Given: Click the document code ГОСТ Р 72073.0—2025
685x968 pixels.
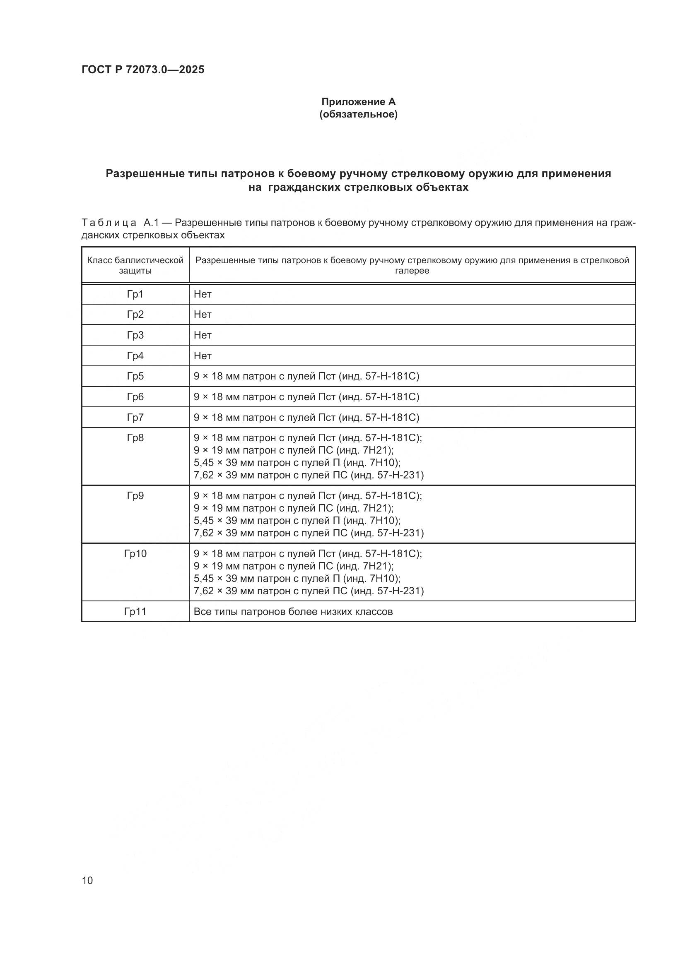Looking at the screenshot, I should [142, 70].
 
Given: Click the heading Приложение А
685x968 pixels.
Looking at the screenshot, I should [358, 102].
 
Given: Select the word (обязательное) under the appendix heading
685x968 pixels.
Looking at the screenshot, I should [358, 114].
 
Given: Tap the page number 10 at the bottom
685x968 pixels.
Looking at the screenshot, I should [87, 880].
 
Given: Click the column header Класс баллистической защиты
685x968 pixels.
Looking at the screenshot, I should [135, 265].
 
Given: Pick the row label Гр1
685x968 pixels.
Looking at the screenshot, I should [135, 294].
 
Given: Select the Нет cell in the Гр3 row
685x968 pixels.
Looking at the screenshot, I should [203, 335].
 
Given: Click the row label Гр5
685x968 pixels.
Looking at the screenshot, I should [135, 376].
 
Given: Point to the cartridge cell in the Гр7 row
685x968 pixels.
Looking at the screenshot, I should [306, 418].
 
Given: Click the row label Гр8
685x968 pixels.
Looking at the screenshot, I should [135, 438].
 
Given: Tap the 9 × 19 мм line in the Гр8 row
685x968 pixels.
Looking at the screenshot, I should [294, 450].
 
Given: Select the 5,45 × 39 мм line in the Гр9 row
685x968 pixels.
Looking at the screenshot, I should [297, 521].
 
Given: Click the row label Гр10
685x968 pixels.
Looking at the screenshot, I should [135, 554].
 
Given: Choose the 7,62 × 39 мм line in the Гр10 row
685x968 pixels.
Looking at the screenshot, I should [309, 591].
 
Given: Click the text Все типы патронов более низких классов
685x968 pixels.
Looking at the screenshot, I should [293, 611].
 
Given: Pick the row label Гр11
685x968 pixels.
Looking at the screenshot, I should [135, 611].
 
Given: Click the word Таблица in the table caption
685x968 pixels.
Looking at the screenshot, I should [109, 223].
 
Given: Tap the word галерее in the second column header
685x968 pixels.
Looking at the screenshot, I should [412, 271].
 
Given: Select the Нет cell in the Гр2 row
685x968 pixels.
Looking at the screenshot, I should [203, 315].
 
